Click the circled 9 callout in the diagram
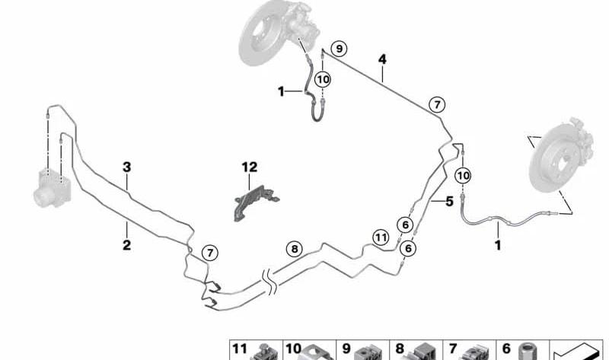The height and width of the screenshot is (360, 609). (x=339, y=49)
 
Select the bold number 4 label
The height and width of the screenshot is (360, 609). (x=383, y=59)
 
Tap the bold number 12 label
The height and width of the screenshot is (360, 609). (x=250, y=167)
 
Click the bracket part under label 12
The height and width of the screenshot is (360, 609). (x=256, y=202)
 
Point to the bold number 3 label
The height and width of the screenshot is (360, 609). (x=126, y=167)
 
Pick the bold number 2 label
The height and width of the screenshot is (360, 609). (x=126, y=245)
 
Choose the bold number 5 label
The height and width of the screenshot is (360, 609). (x=449, y=202)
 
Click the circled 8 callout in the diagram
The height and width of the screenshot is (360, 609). (x=295, y=249)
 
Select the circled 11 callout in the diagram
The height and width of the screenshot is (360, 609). (x=381, y=237)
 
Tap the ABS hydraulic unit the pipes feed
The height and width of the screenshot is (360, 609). (x=53, y=187)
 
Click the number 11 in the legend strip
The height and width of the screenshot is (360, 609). (x=240, y=349)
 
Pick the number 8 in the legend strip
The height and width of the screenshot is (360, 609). (x=400, y=349)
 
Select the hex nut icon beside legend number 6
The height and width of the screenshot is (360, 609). (x=526, y=352)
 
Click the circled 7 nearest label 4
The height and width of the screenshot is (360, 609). (x=437, y=104)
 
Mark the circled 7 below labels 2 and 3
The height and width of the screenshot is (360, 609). (x=210, y=253)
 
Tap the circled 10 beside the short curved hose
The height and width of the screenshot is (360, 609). (x=323, y=80)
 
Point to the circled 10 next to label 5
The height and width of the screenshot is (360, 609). (x=463, y=176)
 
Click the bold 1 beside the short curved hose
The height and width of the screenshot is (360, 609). (x=281, y=92)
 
